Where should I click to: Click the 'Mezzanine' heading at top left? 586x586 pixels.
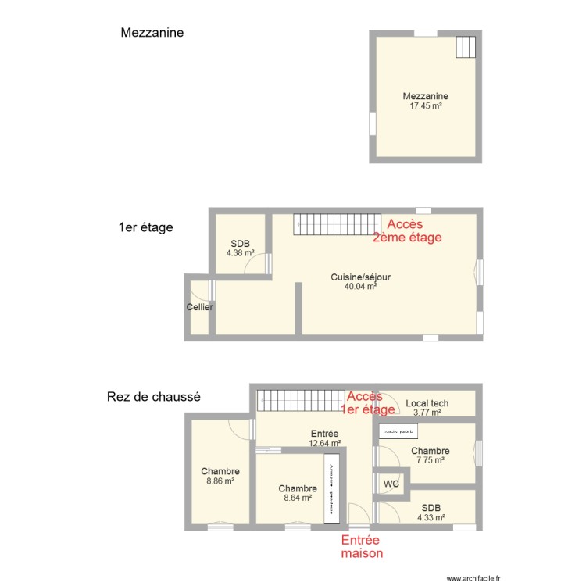(x=152, y=33)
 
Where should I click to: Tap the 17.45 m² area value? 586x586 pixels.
(x=426, y=105)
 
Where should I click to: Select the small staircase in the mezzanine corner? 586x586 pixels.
(x=466, y=48)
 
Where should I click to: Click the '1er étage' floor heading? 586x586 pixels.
(x=145, y=227)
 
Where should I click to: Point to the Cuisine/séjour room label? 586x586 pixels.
(x=360, y=277)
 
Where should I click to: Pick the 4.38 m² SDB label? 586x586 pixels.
(x=240, y=248)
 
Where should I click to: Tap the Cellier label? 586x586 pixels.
(x=200, y=307)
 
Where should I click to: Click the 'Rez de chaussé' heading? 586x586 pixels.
(x=153, y=397)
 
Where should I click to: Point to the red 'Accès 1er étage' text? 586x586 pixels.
(x=369, y=402)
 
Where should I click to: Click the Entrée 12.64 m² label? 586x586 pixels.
(x=324, y=438)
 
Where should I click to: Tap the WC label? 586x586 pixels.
(x=391, y=484)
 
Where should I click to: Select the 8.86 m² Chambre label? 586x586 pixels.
(x=220, y=476)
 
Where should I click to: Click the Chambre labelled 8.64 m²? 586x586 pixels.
(x=297, y=492)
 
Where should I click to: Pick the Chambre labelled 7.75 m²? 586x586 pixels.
(x=430, y=456)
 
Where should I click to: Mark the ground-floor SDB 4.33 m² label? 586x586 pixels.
(x=431, y=513)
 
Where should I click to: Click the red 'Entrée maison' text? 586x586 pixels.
(x=362, y=547)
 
